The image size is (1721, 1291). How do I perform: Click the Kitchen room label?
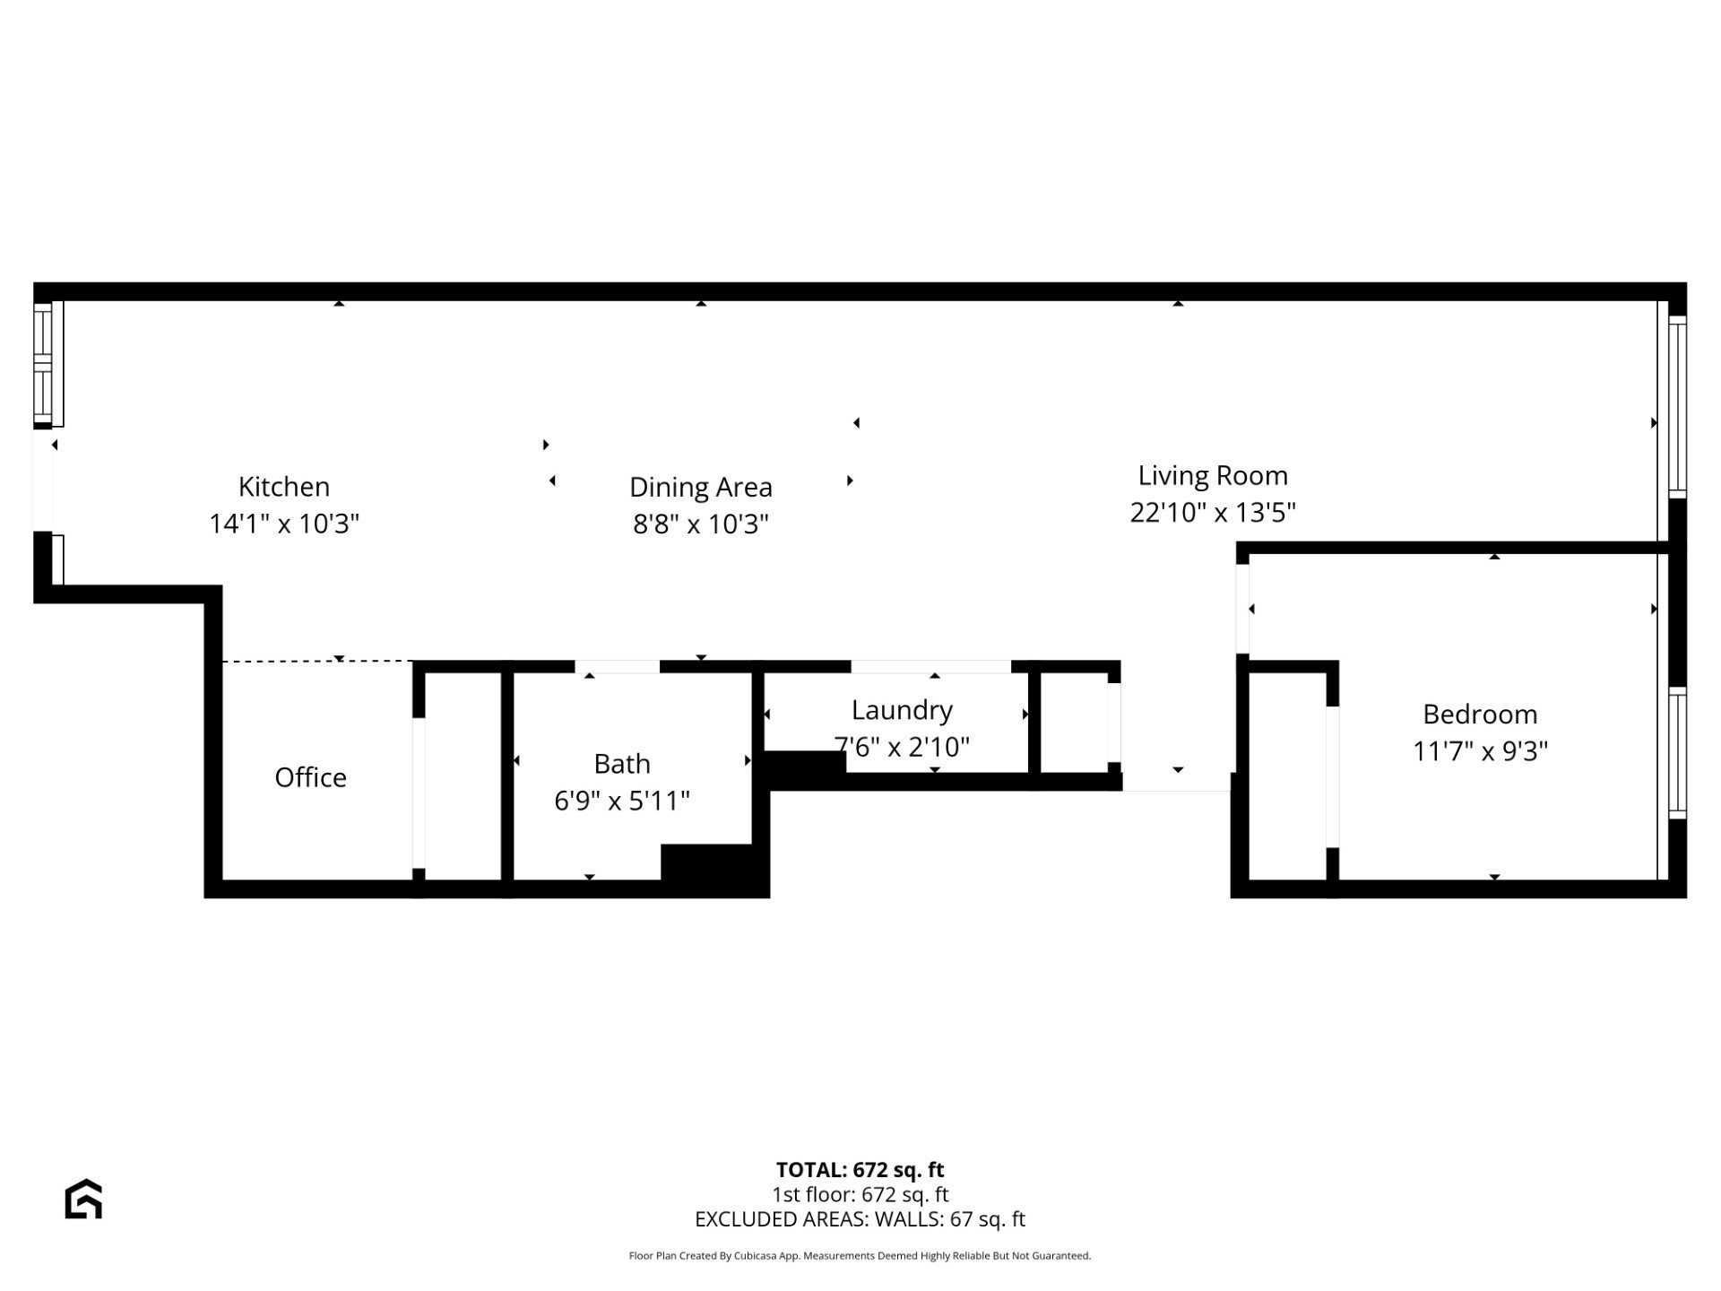click(284, 487)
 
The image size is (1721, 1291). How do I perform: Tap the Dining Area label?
click(701, 487)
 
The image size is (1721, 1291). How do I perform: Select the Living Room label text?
click(1213, 476)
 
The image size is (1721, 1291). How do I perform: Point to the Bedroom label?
click(1480, 715)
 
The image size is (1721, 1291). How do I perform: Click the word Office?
click(310, 777)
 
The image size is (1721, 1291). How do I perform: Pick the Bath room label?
click(622, 764)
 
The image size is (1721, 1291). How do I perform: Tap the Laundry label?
click(902, 710)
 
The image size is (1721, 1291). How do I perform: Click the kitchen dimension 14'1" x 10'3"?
click(284, 524)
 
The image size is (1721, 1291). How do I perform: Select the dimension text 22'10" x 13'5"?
click(1213, 513)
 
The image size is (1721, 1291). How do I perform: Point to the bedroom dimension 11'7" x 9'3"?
click(1480, 751)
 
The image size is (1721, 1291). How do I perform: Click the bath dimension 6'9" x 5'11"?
click(622, 801)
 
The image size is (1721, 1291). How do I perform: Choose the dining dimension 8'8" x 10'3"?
click(701, 524)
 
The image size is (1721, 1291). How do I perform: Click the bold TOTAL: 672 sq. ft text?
click(860, 1170)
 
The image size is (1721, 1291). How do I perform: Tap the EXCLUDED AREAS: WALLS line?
click(860, 1219)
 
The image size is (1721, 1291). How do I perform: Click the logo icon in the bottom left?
click(83, 1200)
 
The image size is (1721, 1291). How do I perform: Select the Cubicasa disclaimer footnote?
click(860, 1256)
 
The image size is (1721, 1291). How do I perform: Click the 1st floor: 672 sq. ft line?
click(860, 1194)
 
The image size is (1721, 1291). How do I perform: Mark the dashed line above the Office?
click(317, 662)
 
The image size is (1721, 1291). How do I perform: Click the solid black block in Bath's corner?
click(714, 870)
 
